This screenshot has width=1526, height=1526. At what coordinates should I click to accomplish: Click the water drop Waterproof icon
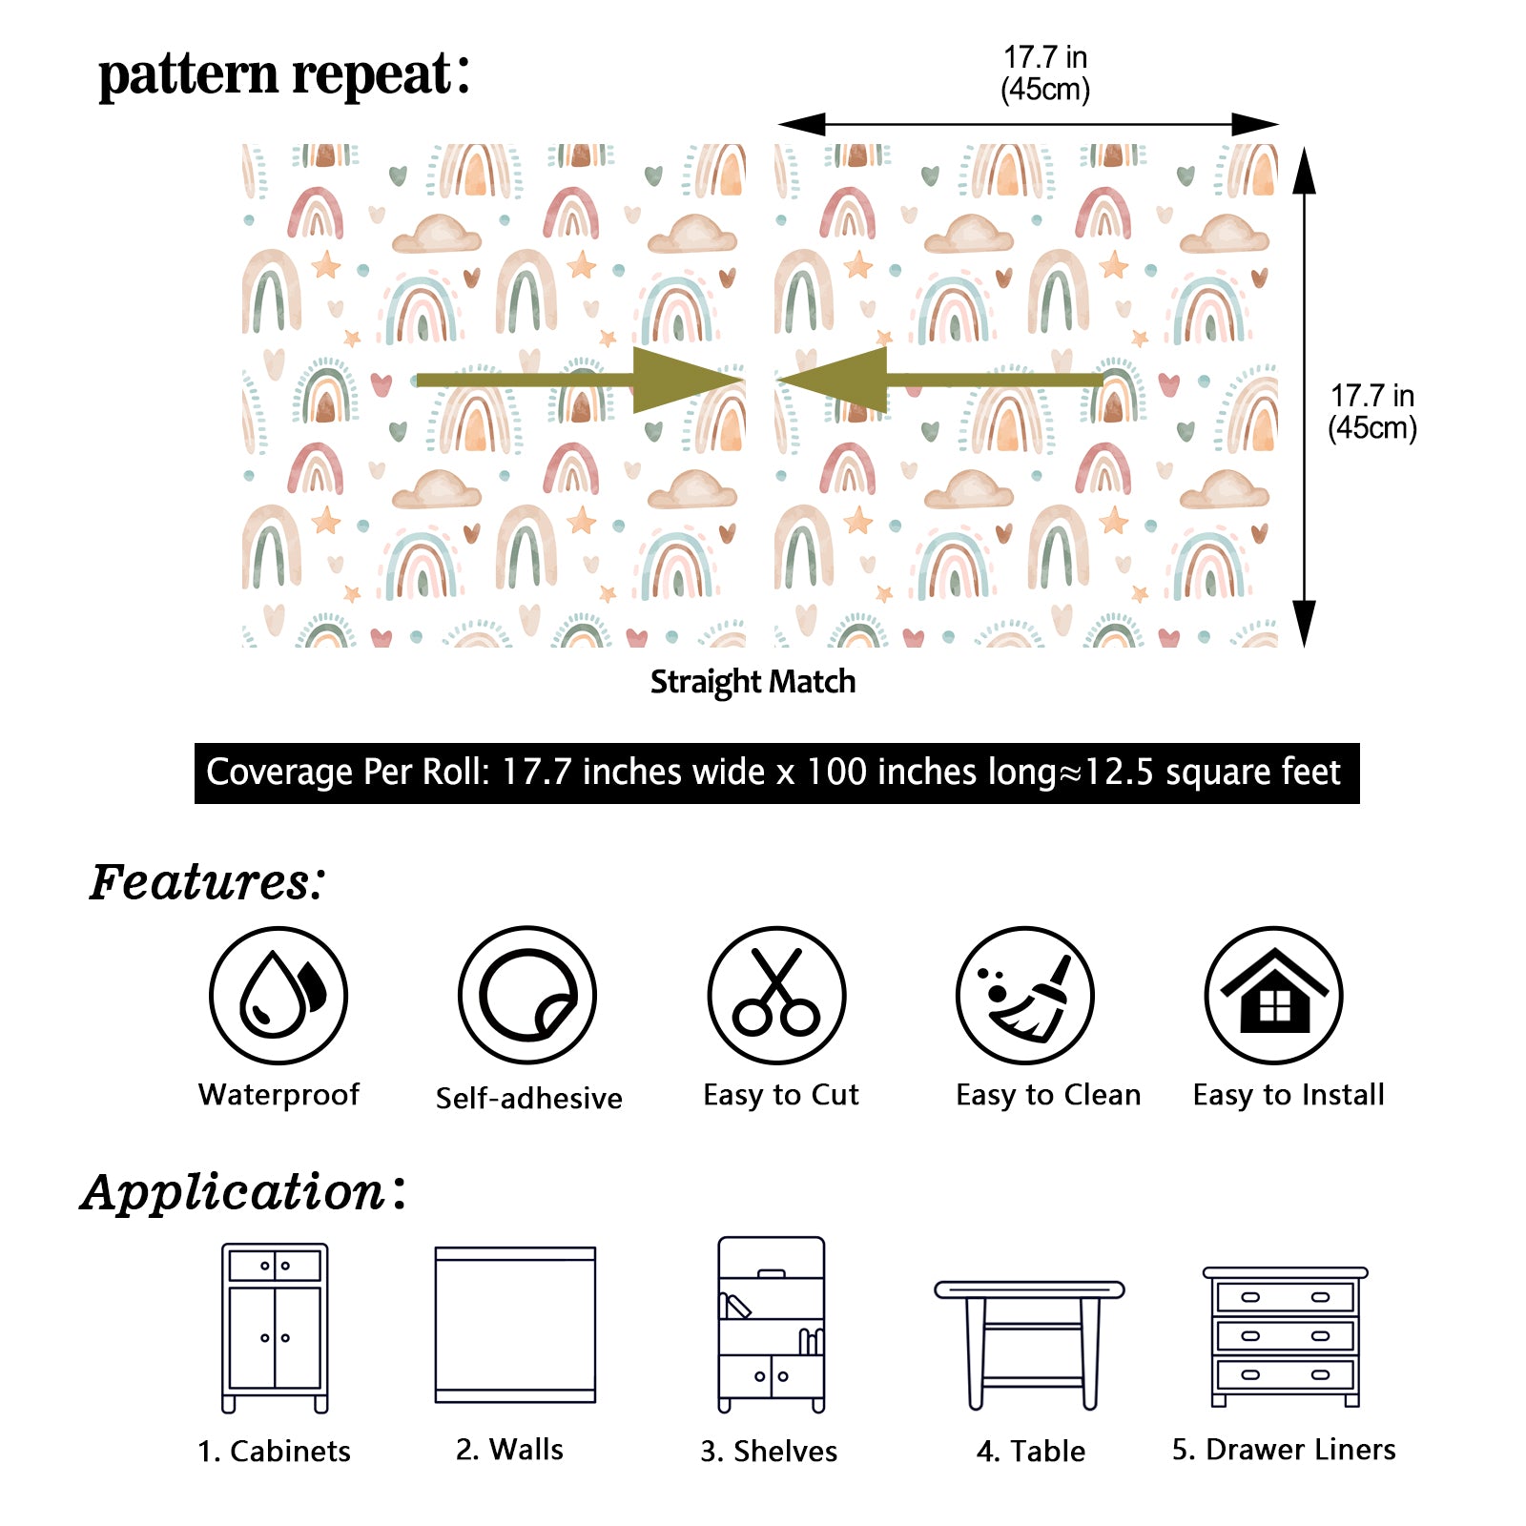point(278,995)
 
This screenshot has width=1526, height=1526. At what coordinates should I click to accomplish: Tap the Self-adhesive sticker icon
point(527,995)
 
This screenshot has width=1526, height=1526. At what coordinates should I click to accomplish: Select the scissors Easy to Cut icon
point(776,995)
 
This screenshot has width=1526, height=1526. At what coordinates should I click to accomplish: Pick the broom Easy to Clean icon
point(1025,995)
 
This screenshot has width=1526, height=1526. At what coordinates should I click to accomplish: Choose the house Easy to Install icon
point(1274,995)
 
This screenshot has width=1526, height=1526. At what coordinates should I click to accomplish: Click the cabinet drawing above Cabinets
point(275,1327)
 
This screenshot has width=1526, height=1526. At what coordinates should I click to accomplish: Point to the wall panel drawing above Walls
point(515,1324)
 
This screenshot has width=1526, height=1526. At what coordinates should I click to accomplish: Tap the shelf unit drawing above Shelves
point(771,1324)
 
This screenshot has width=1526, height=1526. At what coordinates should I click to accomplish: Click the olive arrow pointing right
point(580,380)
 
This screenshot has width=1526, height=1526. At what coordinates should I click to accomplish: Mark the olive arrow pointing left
point(939,380)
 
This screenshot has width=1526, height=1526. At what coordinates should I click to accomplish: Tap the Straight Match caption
point(753,682)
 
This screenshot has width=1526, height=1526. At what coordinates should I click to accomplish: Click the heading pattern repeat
point(283,74)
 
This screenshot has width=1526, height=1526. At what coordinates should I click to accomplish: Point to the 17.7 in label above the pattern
point(1045,72)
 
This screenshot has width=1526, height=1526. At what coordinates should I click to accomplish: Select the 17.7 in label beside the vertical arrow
point(1371,411)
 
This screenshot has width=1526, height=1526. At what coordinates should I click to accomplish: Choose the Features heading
point(208,881)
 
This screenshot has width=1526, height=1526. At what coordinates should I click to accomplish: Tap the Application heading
point(243,1191)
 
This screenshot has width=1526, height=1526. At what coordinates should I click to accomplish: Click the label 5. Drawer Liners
point(1284,1450)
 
